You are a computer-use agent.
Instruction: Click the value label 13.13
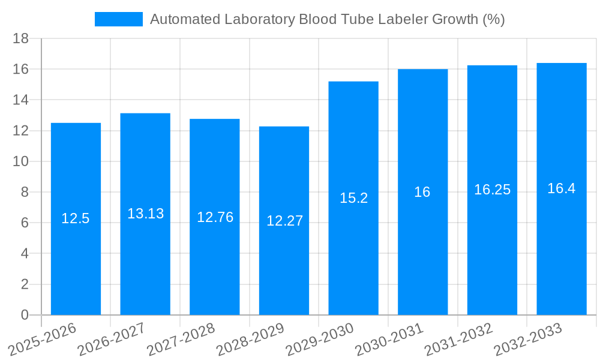point(145,214)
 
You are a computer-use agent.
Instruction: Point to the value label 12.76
point(215,217)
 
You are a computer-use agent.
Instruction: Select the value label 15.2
point(353,198)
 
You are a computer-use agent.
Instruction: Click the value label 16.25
point(492,190)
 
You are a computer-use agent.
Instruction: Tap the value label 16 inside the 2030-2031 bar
point(422,192)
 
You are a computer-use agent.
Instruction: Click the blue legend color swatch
point(119,19)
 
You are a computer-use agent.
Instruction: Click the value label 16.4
point(561,188)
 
